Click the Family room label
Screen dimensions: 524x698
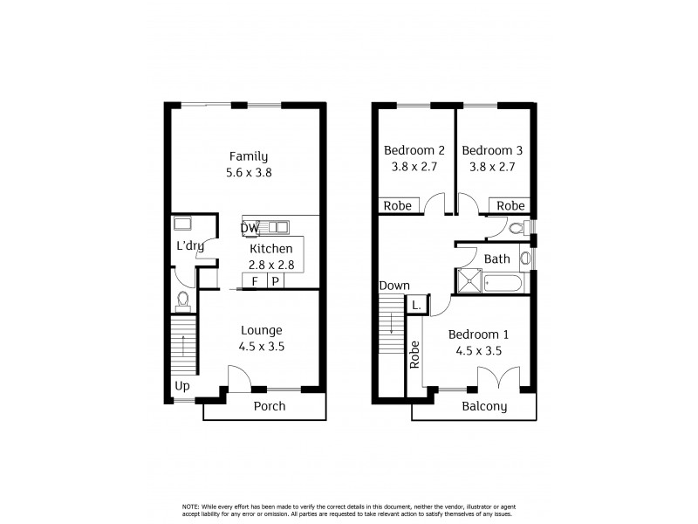(x=249, y=156)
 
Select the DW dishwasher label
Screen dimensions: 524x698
(x=250, y=229)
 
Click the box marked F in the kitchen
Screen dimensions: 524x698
(x=255, y=281)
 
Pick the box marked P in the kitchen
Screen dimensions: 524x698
(x=275, y=281)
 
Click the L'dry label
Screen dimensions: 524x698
(x=189, y=246)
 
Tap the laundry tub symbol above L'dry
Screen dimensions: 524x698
(x=182, y=223)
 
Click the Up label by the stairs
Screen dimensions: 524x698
(x=182, y=385)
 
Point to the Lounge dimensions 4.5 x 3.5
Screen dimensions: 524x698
(x=262, y=346)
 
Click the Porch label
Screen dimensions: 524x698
(x=269, y=406)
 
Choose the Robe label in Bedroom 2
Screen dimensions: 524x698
(x=397, y=206)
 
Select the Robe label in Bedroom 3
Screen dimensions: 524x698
(x=511, y=206)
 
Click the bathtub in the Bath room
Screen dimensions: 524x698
(x=501, y=282)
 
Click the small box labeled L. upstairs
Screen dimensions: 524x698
(x=417, y=306)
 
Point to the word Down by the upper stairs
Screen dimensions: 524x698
(x=393, y=286)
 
